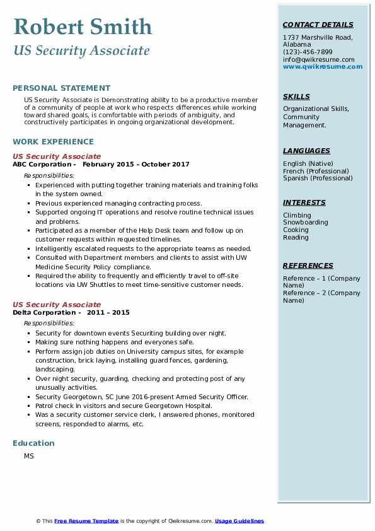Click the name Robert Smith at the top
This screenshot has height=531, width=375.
pos(83,26)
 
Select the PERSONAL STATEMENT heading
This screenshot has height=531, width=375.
pos(61,88)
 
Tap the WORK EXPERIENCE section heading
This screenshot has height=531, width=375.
pos(53,142)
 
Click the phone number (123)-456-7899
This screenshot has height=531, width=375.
pos(308,52)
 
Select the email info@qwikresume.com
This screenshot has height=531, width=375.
pos(319,59)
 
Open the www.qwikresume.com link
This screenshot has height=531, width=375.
pos(323,66)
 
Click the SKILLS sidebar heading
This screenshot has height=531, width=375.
pos(296,96)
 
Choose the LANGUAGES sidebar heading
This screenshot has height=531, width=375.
pos(306,151)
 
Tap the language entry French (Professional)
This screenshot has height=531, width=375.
pos(316,171)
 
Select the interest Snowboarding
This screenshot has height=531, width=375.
pos(305,223)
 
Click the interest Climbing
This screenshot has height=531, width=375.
pos(297,215)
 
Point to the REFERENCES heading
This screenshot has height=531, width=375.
pos(308,265)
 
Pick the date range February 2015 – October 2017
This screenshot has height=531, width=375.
pos(136,165)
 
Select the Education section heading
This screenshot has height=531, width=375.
pos(33,443)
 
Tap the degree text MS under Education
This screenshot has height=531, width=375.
pos(29,456)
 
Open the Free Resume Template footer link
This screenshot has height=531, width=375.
pos(86,521)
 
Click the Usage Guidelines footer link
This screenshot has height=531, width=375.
pos(239,521)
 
